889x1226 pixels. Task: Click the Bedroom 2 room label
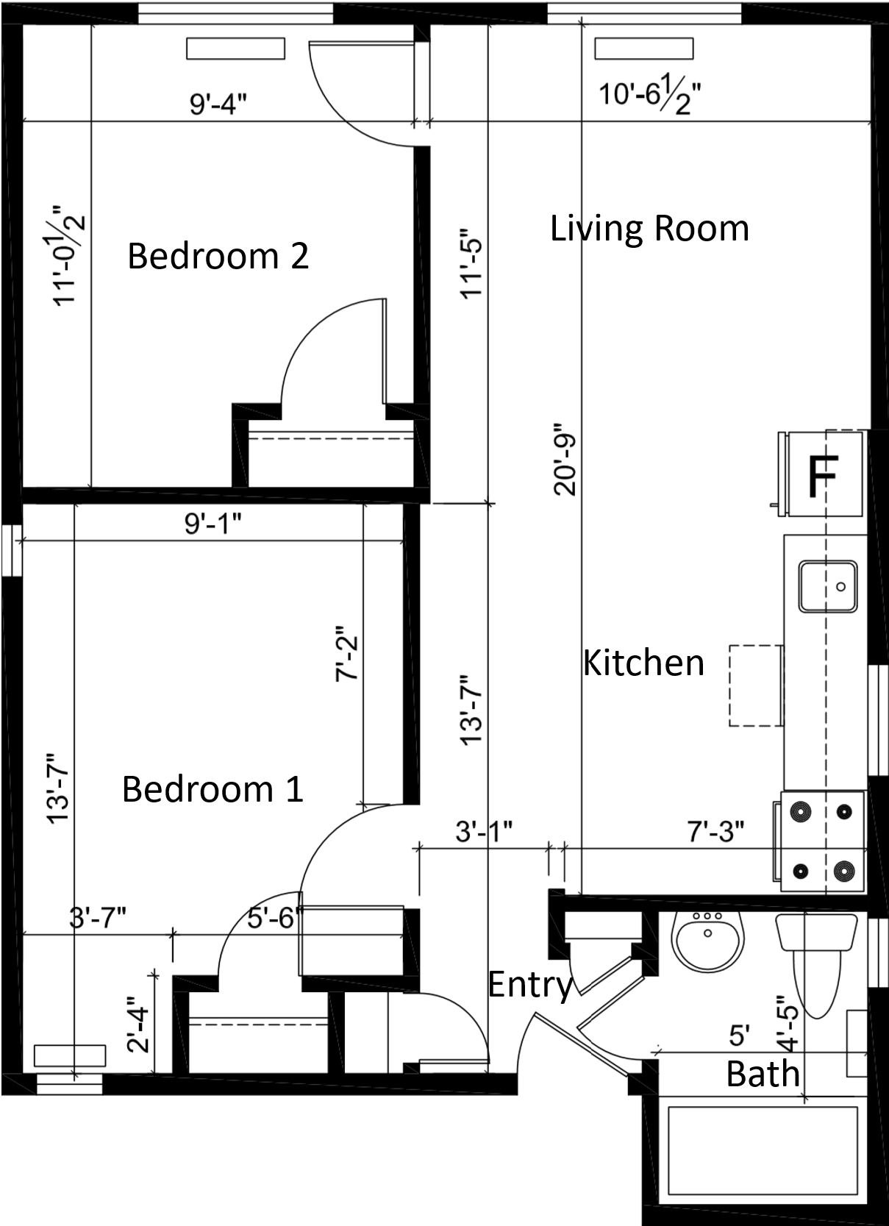(x=218, y=256)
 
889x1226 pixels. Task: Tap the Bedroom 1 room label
(x=213, y=789)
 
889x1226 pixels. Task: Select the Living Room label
(x=649, y=229)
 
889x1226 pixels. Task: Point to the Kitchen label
(x=643, y=663)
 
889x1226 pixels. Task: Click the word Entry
(x=529, y=985)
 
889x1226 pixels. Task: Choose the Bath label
(x=763, y=1073)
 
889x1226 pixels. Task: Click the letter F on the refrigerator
(x=824, y=476)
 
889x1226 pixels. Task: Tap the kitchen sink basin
(x=827, y=586)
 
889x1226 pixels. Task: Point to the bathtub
(x=763, y=1150)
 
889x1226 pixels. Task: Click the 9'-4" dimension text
(x=218, y=104)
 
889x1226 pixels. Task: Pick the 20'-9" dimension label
(x=565, y=460)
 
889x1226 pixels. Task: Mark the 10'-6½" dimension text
(x=650, y=96)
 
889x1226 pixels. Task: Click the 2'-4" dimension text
(x=138, y=1030)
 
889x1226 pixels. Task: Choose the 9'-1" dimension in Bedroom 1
(x=213, y=524)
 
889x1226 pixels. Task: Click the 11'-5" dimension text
(x=471, y=264)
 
